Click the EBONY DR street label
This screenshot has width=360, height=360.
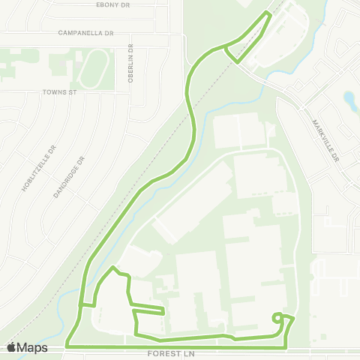[x=114, y=4]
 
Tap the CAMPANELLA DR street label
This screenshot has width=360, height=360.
[x=86, y=34]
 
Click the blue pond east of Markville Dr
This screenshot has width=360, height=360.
[x=349, y=98]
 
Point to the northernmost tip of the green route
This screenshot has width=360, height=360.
[x=268, y=14]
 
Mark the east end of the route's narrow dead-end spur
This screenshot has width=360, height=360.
[x=163, y=310]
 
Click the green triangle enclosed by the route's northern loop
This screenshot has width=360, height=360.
[x=248, y=42]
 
